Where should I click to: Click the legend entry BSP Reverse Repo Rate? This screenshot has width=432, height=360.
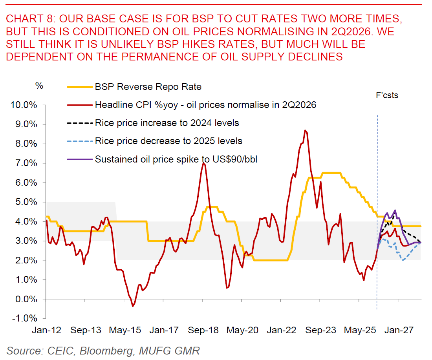(x=148, y=87)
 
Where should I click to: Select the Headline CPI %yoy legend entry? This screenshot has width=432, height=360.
(x=205, y=105)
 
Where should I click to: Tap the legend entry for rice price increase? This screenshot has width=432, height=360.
(x=167, y=123)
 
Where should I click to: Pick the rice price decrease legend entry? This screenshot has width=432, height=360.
(x=168, y=141)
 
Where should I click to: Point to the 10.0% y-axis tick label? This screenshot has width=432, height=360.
(x=25, y=105)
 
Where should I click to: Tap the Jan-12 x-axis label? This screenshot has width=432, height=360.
(x=46, y=331)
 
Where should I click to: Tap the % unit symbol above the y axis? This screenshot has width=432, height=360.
(x=39, y=86)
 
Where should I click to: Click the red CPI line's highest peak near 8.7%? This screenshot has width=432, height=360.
(x=305, y=131)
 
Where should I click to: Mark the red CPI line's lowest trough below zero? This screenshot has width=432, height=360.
(x=133, y=306)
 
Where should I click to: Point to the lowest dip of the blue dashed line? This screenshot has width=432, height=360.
(x=403, y=260)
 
